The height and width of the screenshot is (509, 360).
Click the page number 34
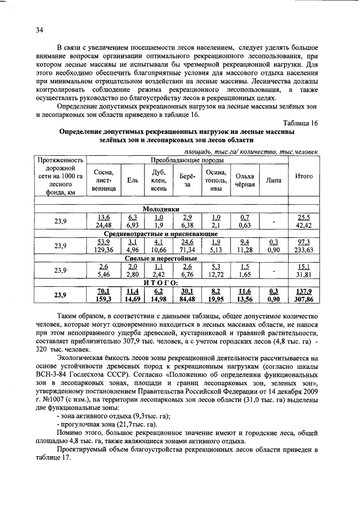point(40,30)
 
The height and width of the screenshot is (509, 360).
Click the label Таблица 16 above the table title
point(301,123)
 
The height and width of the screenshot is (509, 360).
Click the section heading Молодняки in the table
point(160,209)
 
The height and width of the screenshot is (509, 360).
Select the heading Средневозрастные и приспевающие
point(160,233)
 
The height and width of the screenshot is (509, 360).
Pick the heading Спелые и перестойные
point(160,258)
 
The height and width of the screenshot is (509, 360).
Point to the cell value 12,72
point(216,274)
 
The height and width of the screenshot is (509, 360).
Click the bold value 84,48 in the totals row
point(187,299)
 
